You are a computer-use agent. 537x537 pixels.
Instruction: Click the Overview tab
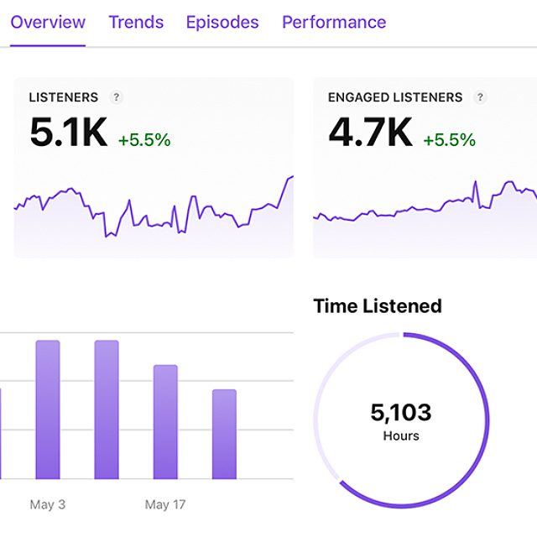48,22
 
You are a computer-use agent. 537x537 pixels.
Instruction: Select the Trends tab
136,22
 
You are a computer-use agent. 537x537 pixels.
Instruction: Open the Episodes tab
222,22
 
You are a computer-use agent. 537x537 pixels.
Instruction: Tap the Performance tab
334,22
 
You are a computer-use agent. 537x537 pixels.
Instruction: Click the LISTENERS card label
63,97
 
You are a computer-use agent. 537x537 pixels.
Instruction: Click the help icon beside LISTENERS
117,97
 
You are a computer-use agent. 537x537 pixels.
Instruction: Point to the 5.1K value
68,133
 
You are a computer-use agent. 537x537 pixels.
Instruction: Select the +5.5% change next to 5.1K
144,140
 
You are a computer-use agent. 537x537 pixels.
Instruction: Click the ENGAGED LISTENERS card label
395,97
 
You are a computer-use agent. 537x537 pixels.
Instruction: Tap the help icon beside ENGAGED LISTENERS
480,97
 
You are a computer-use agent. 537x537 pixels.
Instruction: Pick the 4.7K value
370,133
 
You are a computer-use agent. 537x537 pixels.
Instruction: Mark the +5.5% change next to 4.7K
449,140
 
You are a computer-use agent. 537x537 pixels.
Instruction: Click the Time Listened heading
378,306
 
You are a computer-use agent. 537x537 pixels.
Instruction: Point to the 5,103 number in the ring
401,413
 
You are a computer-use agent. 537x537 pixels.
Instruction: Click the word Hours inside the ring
401,436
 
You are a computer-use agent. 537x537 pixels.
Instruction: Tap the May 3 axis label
48,504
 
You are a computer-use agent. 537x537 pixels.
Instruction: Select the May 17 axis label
165,504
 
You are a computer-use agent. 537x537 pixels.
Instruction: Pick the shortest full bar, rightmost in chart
224,434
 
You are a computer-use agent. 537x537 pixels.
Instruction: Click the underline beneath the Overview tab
48,45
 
